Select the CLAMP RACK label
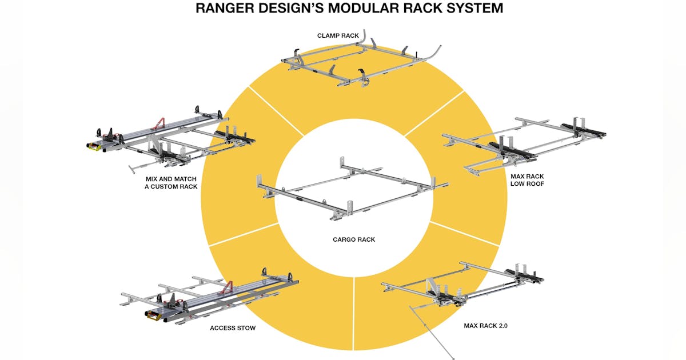(x=338, y=35)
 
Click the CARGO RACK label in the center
(x=354, y=239)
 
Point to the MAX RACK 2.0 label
(x=485, y=326)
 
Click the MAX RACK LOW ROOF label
(x=527, y=181)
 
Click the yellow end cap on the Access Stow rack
(x=153, y=314)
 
